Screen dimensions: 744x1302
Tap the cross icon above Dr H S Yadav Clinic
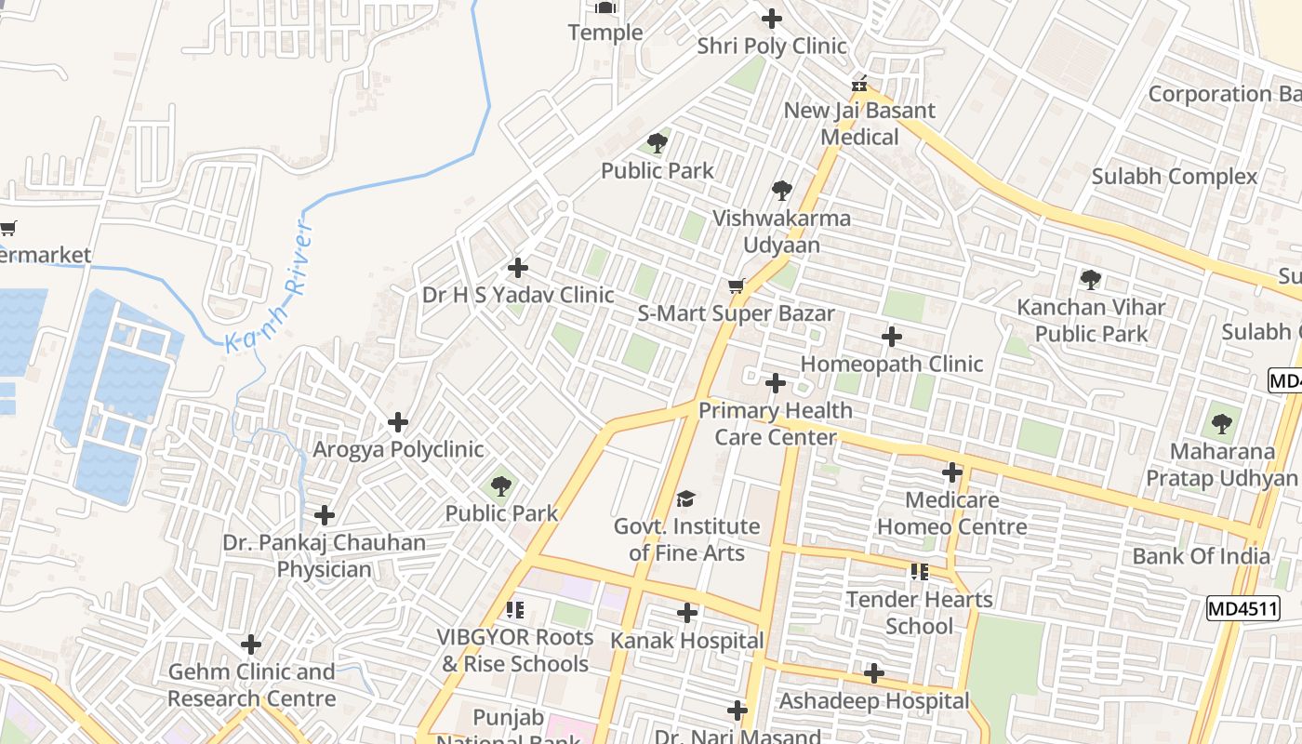(518, 268)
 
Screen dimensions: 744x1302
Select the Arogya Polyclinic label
(398, 449)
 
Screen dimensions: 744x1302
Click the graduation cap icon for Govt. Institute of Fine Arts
(685, 499)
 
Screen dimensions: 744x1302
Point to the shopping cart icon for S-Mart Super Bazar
(737, 286)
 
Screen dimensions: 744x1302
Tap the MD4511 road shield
(1242, 609)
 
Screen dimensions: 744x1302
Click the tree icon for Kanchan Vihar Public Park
(1091, 279)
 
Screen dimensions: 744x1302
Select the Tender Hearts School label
(919, 612)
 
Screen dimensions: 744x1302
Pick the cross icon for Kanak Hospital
(687, 613)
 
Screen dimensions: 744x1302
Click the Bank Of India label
(1201, 556)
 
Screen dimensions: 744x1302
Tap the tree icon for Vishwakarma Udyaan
(782, 191)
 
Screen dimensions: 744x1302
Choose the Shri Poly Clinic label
(771, 46)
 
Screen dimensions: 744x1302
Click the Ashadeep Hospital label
(874, 700)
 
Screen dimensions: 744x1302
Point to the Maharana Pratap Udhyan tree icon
(1221, 425)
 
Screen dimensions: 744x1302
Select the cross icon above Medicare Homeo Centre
(951, 472)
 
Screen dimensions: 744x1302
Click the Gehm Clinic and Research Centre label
(251, 684)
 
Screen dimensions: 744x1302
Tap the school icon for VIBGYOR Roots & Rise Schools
(514, 610)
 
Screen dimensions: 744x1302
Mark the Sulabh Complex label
(1174, 176)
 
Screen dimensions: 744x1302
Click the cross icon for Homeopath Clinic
(892, 337)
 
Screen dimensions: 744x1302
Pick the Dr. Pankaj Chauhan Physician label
(324, 555)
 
